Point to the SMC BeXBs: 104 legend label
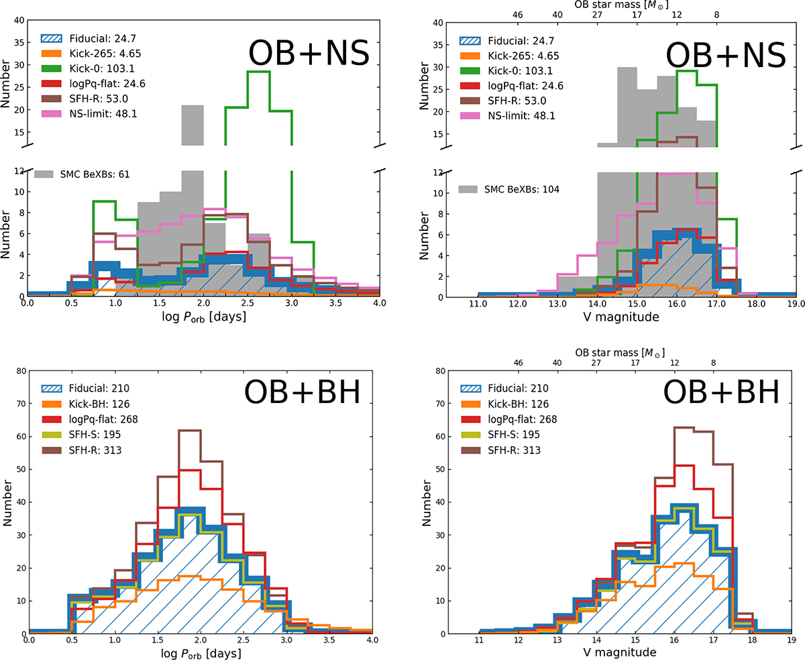point(521,189)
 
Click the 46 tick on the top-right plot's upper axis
point(517,14)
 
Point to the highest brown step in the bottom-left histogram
point(190,431)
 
